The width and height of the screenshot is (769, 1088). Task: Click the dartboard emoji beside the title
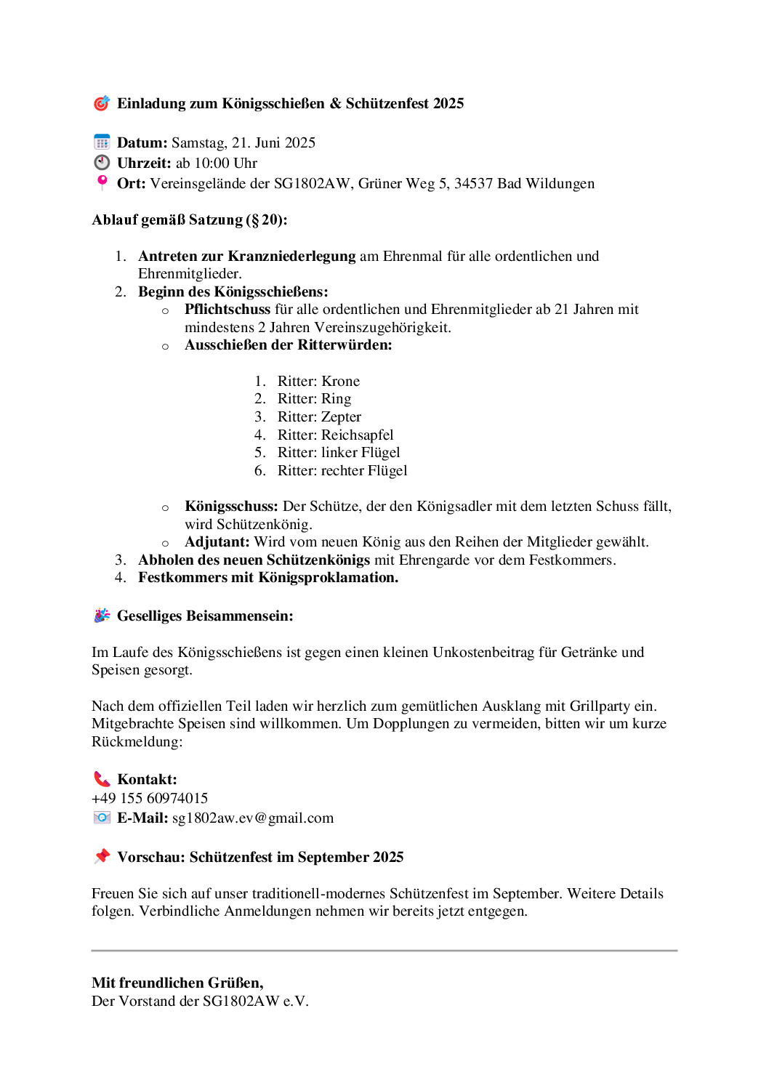tap(102, 103)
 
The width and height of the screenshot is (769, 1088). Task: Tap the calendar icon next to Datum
tap(102, 142)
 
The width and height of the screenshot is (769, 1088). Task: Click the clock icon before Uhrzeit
tap(102, 163)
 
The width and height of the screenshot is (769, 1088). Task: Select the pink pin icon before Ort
tap(102, 182)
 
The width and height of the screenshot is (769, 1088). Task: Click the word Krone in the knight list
tap(341, 381)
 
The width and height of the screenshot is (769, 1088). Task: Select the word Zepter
tap(341, 416)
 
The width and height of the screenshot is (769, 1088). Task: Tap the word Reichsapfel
tap(357, 435)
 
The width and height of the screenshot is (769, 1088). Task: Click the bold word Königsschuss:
tap(231, 506)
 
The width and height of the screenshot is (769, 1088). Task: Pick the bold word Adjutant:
tap(217, 541)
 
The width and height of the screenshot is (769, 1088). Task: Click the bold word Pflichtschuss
tap(228, 309)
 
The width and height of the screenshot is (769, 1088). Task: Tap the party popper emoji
tap(102, 616)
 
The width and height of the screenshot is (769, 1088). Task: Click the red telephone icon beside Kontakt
tap(102, 779)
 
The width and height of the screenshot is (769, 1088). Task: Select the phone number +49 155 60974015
tap(150, 798)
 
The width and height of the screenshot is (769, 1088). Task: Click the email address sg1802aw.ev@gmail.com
tap(253, 818)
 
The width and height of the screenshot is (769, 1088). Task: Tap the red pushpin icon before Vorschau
tap(102, 856)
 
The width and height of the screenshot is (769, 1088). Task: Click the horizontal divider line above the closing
tap(384, 950)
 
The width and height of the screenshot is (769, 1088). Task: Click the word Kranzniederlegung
tap(291, 256)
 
